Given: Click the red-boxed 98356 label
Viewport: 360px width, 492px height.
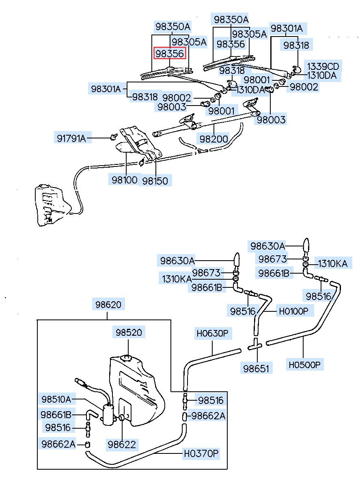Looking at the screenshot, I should (170, 54).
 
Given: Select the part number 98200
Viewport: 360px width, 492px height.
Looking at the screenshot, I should (213, 138).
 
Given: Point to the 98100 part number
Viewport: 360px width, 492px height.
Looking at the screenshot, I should (125, 179).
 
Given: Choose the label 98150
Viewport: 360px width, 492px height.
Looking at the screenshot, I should (154, 181).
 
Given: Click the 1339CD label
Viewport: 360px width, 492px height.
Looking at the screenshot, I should (323, 66).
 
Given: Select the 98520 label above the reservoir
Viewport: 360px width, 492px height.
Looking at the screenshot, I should (128, 332).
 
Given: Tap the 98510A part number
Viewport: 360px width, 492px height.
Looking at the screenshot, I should (56, 399).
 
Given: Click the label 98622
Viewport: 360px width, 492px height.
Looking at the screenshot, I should (121, 444).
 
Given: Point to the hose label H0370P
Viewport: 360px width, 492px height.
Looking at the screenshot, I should (201, 453).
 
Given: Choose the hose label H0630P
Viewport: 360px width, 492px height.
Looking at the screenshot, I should (213, 334).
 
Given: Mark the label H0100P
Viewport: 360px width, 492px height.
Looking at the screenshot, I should (293, 311).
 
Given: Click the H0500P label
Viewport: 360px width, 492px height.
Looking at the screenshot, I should (304, 365).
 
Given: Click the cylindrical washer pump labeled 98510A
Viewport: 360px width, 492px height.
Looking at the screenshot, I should (108, 414).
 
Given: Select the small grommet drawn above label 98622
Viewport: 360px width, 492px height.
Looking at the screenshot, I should (121, 418).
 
